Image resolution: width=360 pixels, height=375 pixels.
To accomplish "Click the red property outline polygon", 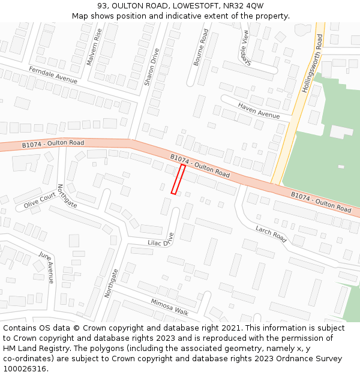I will point(178,179).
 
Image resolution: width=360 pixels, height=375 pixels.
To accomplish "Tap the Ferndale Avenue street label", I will point(53,74).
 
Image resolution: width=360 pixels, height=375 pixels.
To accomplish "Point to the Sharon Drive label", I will point(151,67).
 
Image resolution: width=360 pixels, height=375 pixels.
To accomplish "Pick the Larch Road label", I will point(271,233).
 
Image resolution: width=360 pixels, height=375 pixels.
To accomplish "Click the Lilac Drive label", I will point(160,241).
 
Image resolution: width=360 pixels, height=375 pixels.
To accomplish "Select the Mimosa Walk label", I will point(170,307).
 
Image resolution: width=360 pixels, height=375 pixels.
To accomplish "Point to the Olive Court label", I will point(40,202).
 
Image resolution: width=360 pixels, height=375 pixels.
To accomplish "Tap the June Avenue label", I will point(46,266).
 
